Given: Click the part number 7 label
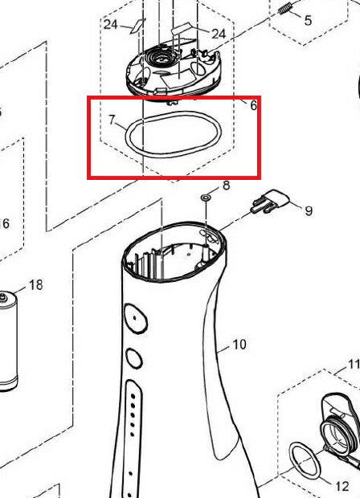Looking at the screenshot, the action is click(112, 120).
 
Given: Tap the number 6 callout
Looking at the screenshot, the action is click(253, 106).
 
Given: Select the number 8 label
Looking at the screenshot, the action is click(227, 186).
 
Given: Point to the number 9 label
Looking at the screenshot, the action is click(309, 211).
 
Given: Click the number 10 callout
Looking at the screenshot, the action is click(239, 345).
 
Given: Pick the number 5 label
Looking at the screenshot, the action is click(308, 20).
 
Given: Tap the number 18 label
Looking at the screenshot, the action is click(36, 285).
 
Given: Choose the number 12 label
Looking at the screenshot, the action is click(342, 486).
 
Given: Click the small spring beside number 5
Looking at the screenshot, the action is click(285, 9).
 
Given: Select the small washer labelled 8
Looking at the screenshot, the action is click(206, 198).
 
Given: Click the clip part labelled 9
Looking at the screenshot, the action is click(270, 202).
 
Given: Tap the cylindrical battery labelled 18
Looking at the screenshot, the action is click(9, 341).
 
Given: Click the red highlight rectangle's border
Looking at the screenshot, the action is click(174, 97).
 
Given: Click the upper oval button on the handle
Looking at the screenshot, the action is click(136, 318).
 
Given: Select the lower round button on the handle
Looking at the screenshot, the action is click(134, 358).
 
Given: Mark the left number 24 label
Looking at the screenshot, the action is click(111, 24).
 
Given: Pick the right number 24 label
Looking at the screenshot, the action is click(219, 34).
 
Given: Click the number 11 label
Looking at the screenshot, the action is click(354, 364).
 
